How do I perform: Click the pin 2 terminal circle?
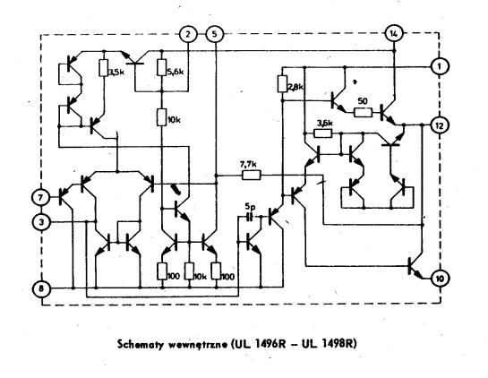pos(188,34)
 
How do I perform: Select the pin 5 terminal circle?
pos(215,34)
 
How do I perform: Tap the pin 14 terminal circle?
pos(394,33)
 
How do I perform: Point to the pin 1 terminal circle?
pos(440,66)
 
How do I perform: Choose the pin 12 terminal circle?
pos(440,125)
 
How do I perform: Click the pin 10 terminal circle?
pos(440,279)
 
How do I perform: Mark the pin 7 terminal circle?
pos(40,197)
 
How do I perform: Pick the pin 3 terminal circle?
pos(41,222)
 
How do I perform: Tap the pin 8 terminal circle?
pos(41,288)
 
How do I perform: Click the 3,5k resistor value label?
pos(116,73)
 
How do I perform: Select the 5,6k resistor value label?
pos(176,72)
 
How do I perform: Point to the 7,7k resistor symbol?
pos(252,176)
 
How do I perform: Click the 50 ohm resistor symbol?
pos(363,112)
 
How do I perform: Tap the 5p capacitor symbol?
pos(249,217)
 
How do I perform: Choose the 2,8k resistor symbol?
pos(282,83)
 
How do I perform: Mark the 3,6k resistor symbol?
pos(322,133)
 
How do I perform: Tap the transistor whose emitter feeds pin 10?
pos(415,266)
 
